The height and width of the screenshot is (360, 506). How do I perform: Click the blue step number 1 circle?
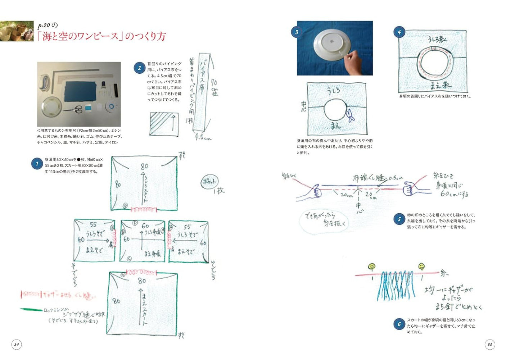point(37,164)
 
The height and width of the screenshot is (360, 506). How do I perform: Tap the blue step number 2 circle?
point(139,68)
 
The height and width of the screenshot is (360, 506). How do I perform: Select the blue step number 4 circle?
point(399,32)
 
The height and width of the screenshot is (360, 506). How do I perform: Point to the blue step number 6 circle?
point(399,324)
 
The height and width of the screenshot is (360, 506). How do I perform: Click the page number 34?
point(17,344)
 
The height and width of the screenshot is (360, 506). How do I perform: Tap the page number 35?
point(489,344)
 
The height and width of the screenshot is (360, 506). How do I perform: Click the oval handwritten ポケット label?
point(209,182)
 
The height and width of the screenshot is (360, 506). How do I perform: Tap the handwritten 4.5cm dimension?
point(203,137)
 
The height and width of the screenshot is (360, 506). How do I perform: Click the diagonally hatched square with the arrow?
point(164,124)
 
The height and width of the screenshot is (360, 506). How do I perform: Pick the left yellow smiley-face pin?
point(372,266)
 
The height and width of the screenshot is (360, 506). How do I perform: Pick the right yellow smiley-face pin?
point(421,266)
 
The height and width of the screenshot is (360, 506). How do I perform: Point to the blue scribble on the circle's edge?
point(349,115)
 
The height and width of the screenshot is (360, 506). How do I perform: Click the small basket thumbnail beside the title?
point(17,31)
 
